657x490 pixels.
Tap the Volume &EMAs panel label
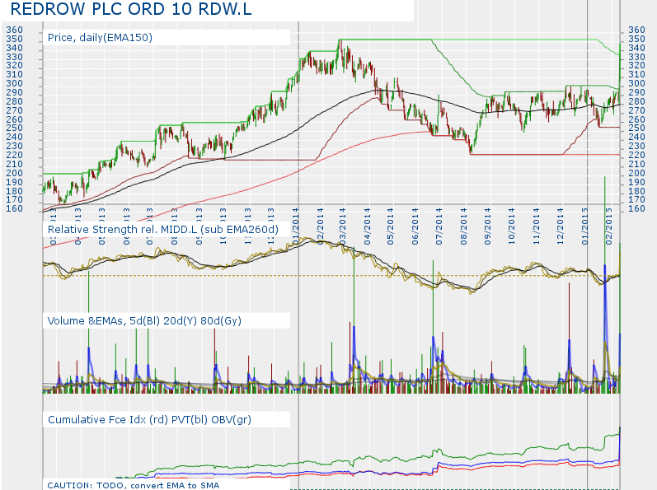pyautogui.click(x=144, y=320)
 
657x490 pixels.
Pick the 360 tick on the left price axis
pyautogui.click(x=14, y=30)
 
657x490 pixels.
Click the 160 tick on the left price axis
pyautogui.click(x=14, y=208)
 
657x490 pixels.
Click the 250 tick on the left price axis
pyautogui.click(x=14, y=128)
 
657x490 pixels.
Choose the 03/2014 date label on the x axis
pyautogui.click(x=342, y=222)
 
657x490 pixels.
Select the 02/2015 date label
pyautogui.click(x=609, y=222)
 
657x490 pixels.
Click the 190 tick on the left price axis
pyautogui.click(x=14, y=181)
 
